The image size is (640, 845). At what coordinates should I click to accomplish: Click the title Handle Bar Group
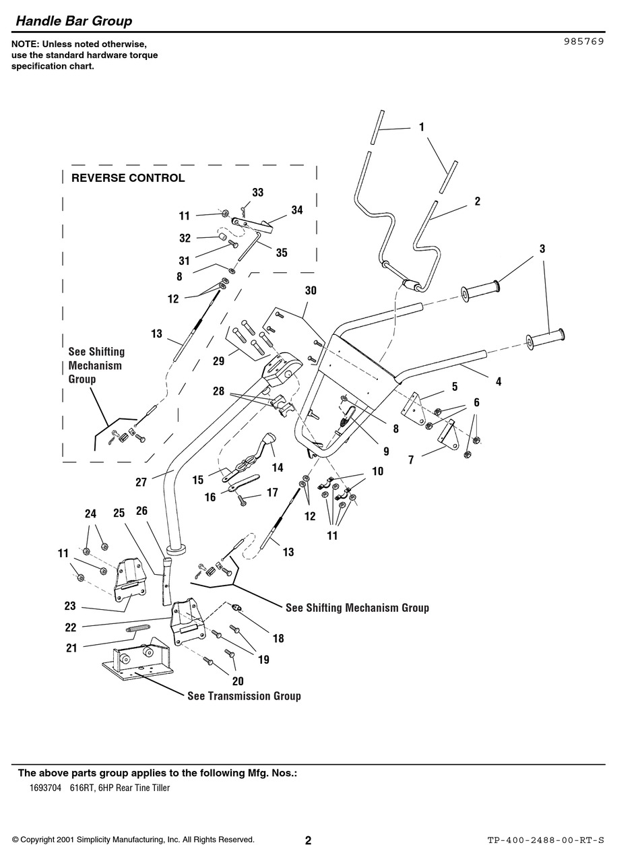point(74,21)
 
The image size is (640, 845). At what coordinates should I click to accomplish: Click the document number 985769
point(583,40)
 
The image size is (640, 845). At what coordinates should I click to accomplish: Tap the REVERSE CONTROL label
point(128,178)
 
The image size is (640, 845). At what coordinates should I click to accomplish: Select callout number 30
point(310,290)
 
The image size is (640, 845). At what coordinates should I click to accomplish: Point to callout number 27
point(141,482)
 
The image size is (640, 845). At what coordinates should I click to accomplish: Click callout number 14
point(278,467)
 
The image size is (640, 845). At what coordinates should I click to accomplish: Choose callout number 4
point(499,381)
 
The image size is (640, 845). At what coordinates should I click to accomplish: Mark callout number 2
point(478,201)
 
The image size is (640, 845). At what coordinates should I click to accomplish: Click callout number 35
point(282,253)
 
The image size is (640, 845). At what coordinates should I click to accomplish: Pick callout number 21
point(71,648)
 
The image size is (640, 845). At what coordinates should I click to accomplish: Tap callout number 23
point(70,606)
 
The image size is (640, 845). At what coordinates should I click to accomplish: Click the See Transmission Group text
point(244,695)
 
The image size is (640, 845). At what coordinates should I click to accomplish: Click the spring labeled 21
point(137,629)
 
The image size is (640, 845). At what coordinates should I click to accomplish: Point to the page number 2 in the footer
point(308,840)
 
